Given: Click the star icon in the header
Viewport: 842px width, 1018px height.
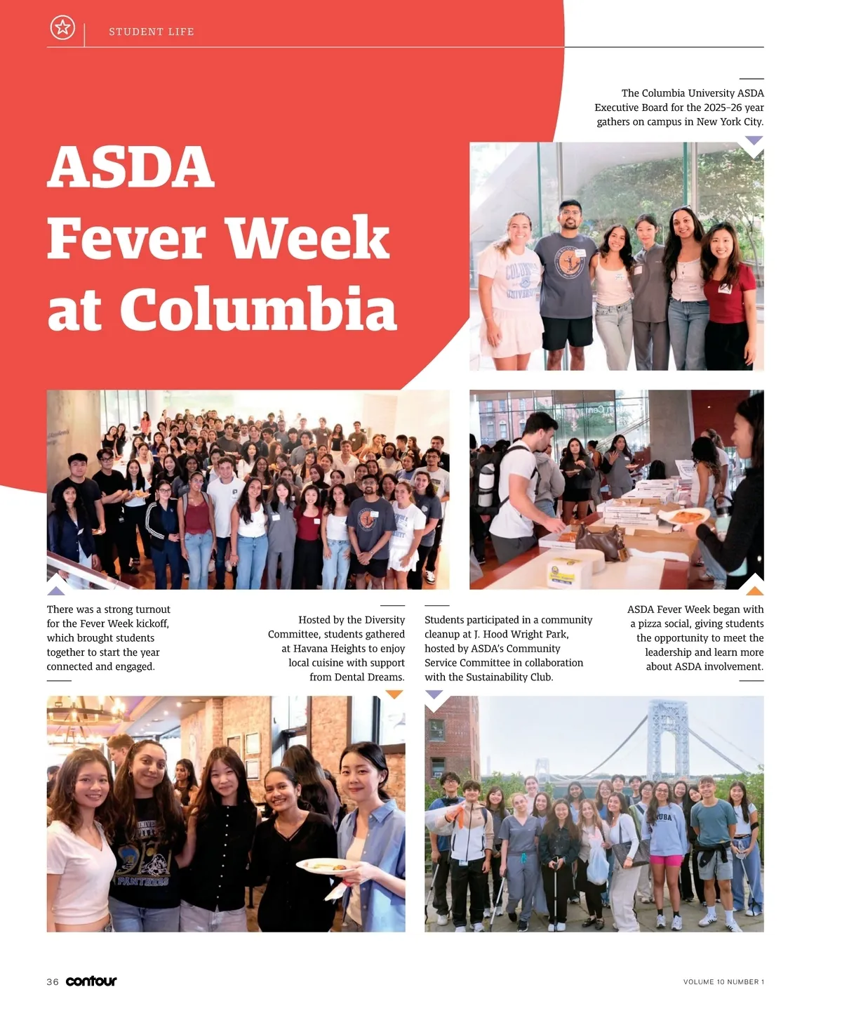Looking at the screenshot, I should tap(62, 28).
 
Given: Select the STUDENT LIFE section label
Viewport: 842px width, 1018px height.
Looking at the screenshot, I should tap(152, 32).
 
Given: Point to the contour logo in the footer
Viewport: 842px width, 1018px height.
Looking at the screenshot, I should tap(91, 981).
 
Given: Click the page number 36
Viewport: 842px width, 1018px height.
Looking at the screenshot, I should tap(53, 981).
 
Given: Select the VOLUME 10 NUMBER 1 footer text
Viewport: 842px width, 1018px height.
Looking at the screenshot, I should tap(723, 981).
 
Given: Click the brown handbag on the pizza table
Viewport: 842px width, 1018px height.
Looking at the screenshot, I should tap(601, 541).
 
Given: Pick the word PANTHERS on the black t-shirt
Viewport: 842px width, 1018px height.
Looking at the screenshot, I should tap(143, 881).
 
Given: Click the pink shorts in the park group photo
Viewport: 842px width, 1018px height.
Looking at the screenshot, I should tap(667, 860).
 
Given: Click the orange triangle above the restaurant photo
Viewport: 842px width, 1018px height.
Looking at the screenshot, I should tap(394, 694).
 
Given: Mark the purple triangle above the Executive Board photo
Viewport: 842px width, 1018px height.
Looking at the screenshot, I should tap(754, 140).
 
